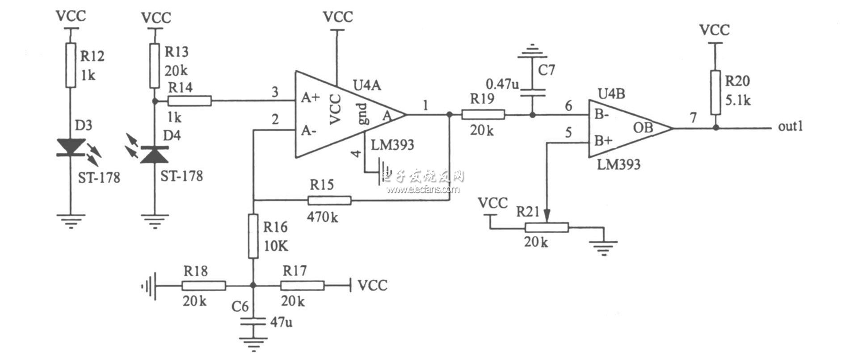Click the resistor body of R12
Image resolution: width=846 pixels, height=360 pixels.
pos(70,65)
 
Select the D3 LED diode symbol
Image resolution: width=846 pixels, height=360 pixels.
pos(71,147)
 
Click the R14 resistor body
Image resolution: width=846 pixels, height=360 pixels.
pos(189,101)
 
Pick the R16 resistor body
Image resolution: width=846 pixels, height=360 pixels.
pos(253,236)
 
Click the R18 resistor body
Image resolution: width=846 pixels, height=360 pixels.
pos(203,285)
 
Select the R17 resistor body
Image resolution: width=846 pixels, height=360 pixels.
pos(302,285)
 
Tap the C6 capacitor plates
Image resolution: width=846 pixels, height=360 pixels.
pos(253,322)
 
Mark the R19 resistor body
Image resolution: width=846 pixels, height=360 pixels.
pos(483,115)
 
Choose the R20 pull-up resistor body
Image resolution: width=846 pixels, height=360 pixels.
pos(716,93)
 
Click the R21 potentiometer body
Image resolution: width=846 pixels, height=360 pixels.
pos(546,228)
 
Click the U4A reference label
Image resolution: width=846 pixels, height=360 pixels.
pos(368,85)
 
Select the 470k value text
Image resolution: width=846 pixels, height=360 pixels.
pos(323,218)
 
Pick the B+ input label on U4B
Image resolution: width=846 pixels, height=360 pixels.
pos(603,142)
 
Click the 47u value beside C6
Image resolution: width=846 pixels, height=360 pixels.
pos(282,322)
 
